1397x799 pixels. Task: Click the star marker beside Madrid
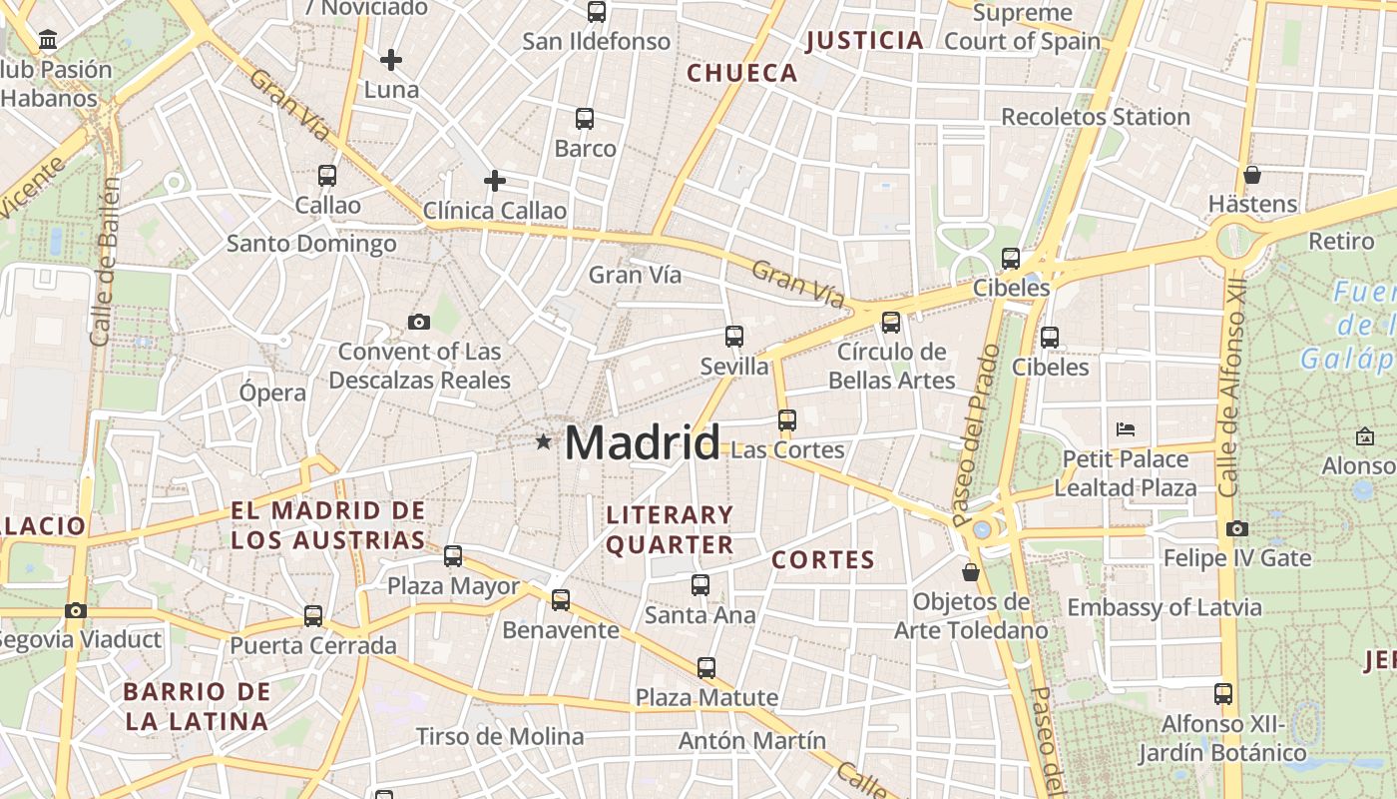coord(543,441)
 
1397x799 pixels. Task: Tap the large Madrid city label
coord(642,442)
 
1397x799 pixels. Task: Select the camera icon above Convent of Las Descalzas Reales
coord(419,322)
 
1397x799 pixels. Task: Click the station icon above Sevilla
coord(734,337)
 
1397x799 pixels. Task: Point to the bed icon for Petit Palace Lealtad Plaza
coord(1126,429)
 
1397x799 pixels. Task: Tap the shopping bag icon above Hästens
coord(1252,175)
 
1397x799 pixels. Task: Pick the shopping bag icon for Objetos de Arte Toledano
coord(971,572)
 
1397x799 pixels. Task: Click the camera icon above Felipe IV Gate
coord(1237,528)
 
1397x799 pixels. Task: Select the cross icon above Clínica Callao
coord(494,181)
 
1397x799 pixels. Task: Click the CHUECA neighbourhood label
coord(742,73)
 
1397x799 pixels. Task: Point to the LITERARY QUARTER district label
coord(671,530)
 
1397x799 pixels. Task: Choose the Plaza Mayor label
coord(453,586)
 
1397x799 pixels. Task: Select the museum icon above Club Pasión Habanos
coord(47,40)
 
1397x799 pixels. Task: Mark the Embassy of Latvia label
coord(1164,607)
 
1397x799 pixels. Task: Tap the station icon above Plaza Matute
coord(706,667)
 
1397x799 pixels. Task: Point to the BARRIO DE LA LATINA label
coord(198,705)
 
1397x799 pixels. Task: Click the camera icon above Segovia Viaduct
coord(76,610)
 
